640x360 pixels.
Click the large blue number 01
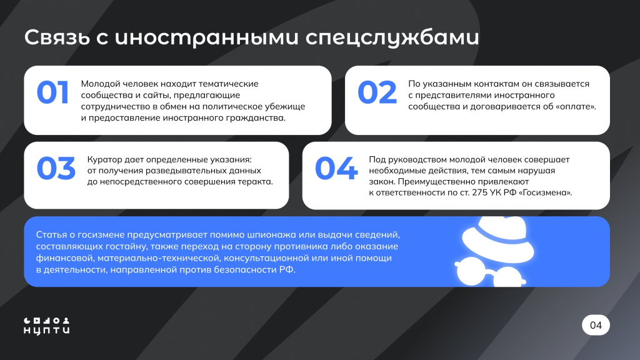coord(52,92)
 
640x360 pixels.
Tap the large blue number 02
coord(377,92)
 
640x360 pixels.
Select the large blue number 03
coord(56,169)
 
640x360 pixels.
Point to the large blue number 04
coord(336,169)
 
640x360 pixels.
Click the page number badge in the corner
coord(596,325)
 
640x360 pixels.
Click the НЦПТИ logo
coord(47,324)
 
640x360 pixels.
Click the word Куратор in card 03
coord(106,159)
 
